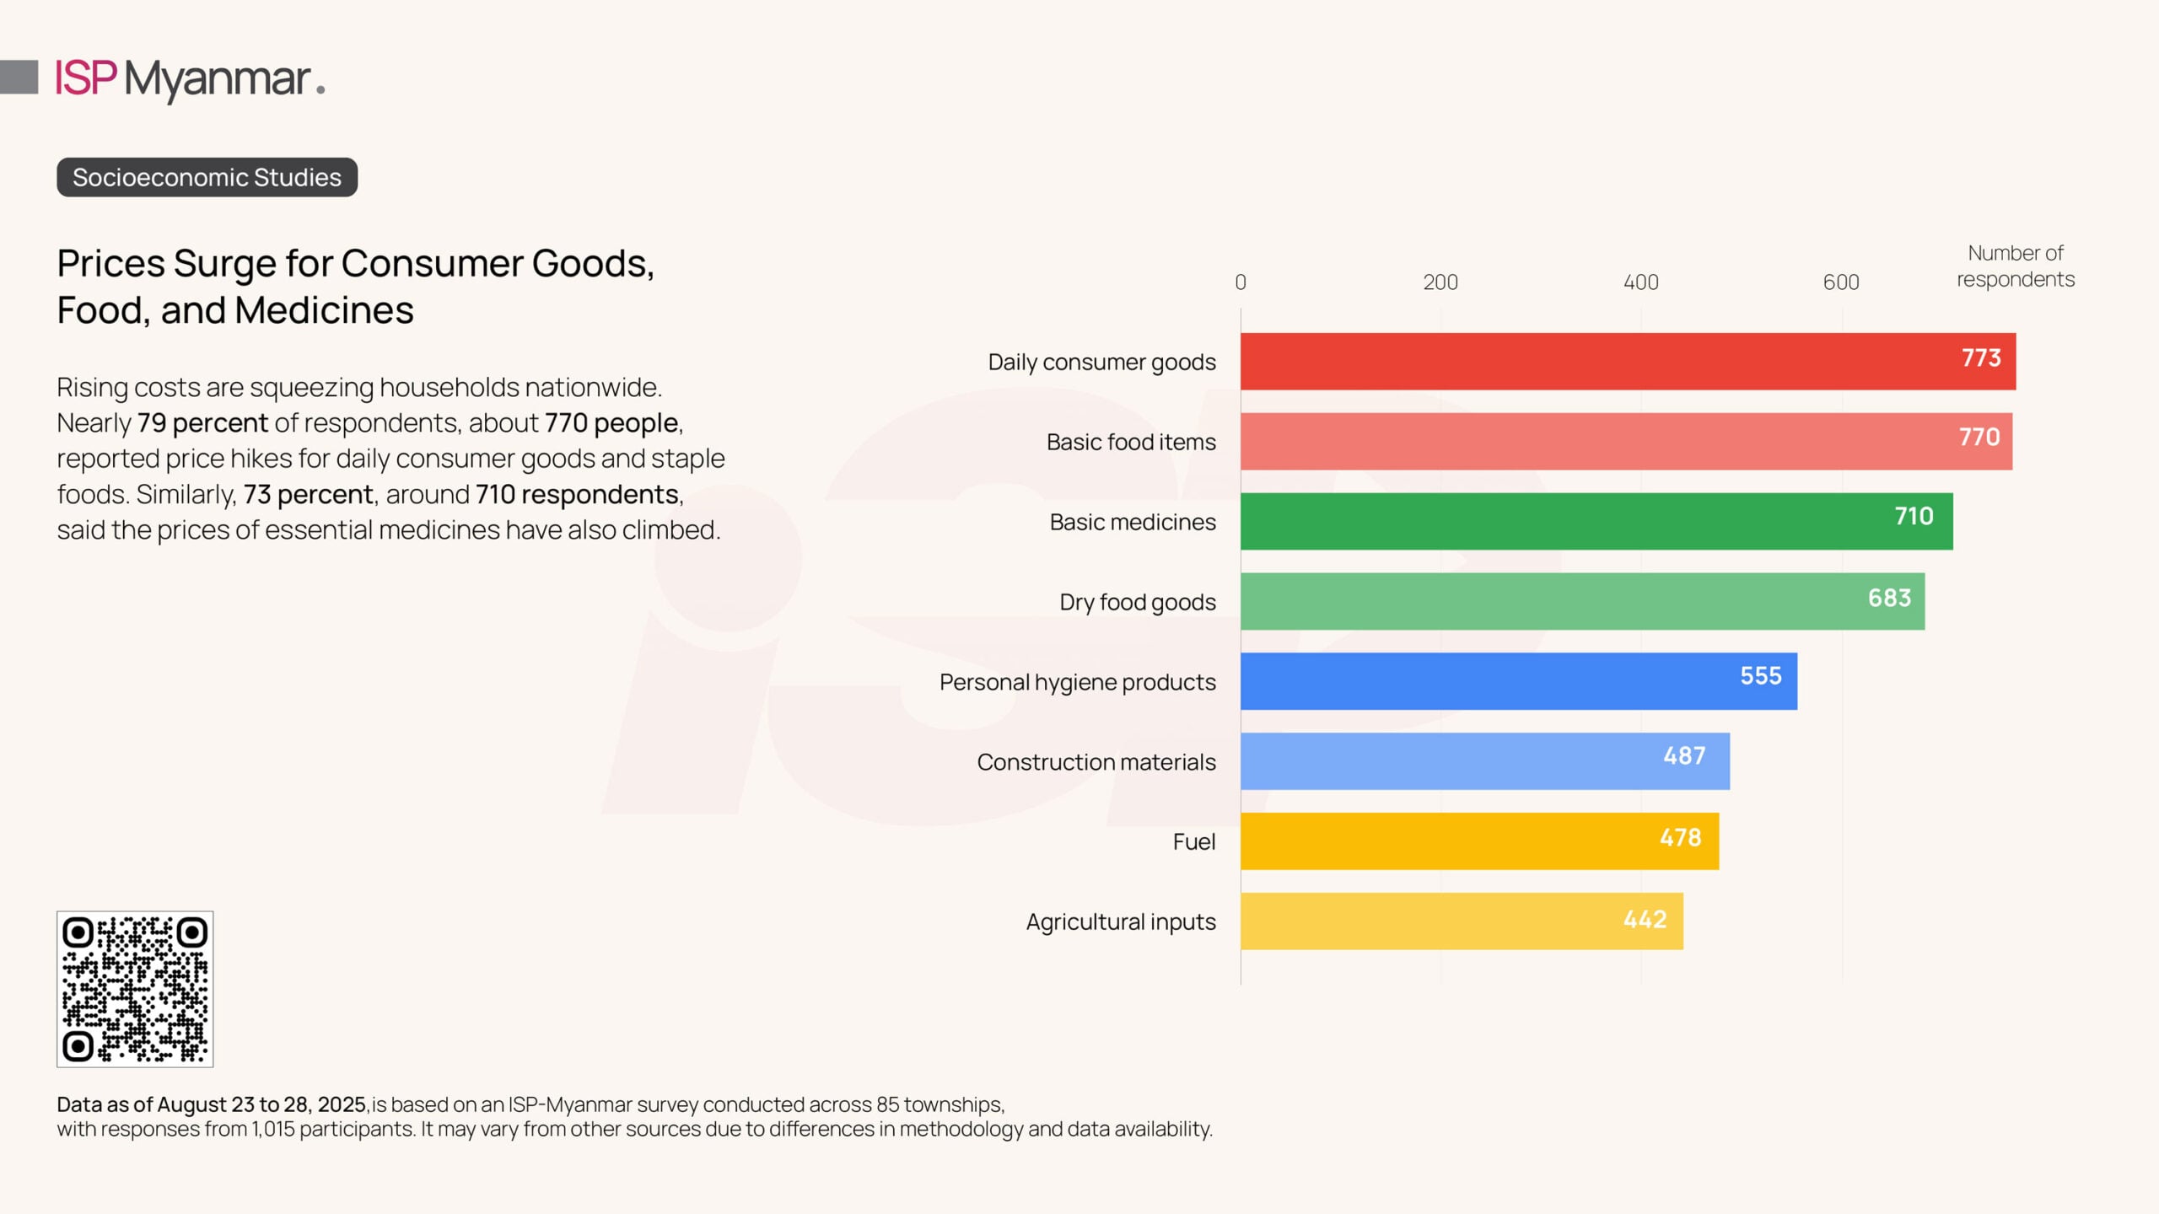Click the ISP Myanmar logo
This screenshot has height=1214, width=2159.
click(x=190, y=79)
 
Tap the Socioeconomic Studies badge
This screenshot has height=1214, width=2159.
click(x=207, y=177)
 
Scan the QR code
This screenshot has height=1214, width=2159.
click(x=135, y=989)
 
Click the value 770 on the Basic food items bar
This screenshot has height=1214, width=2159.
click(x=1979, y=437)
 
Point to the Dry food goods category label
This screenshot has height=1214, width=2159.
click(x=1137, y=602)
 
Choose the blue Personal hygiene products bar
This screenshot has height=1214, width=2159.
click(x=1518, y=681)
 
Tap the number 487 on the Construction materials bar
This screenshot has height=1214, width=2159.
click(x=1684, y=756)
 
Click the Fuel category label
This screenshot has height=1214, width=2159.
click(x=1193, y=841)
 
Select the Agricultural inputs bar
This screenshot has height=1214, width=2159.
click(x=1462, y=921)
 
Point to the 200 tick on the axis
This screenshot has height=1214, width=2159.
click(x=1440, y=282)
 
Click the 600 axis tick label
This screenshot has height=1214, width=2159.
click(x=1840, y=282)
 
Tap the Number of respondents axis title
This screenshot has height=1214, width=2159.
click(x=2015, y=266)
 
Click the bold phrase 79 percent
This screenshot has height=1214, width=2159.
click(x=202, y=422)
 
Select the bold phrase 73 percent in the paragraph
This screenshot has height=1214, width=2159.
click(x=308, y=494)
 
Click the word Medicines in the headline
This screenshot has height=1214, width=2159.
click(x=324, y=310)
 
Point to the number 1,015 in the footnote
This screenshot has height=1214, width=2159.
click(x=272, y=1129)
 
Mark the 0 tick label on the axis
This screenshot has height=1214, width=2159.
click(x=1240, y=282)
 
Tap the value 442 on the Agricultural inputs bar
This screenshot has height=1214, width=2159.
click(x=1645, y=920)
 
